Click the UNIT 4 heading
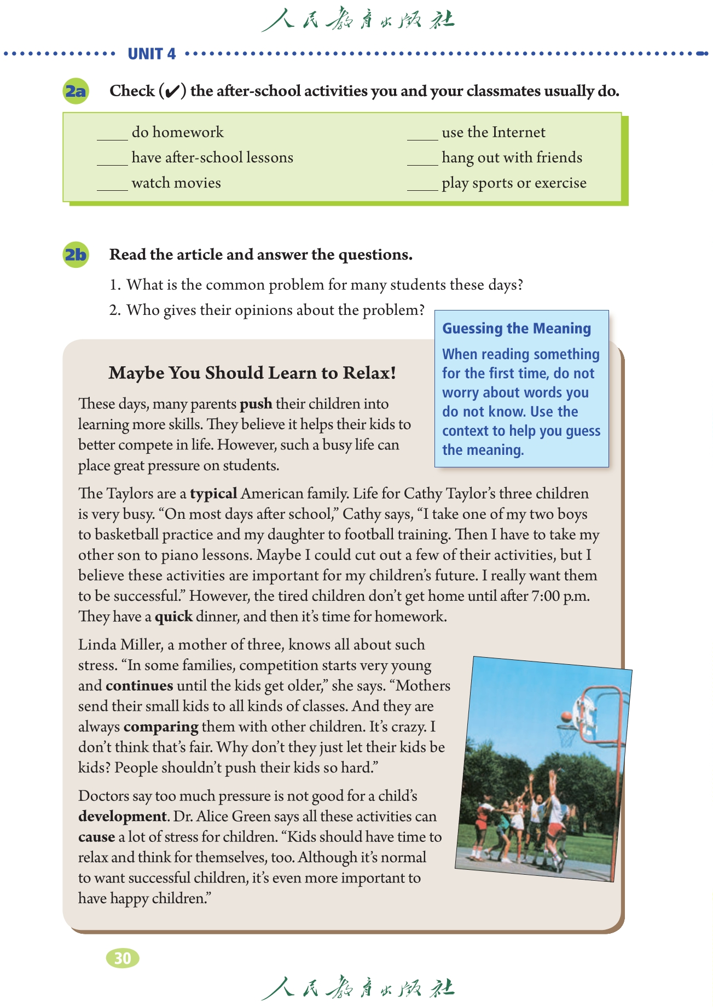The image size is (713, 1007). (x=152, y=54)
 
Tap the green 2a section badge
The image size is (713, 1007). (x=76, y=91)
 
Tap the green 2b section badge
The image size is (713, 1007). (x=76, y=255)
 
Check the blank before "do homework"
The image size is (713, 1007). (x=112, y=136)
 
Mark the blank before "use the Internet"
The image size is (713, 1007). (x=422, y=136)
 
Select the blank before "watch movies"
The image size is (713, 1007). (x=112, y=186)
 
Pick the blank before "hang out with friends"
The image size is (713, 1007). (x=422, y=161)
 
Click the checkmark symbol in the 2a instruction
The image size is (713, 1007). (x=172, y=91)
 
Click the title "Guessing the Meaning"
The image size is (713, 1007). (x=517, y=329)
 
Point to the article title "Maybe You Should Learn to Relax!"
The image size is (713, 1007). (x=252, y=373)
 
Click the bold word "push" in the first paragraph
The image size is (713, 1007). (x=256, y=404)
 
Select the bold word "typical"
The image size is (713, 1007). (x=213, y=494)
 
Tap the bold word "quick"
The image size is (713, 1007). (x=173, y=617)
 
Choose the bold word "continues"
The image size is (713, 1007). (x=140, y=686)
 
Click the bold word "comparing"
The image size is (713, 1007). (x=161, y=727)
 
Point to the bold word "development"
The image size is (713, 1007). (x=122, y=817)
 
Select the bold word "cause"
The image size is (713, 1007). (x=96, y=838)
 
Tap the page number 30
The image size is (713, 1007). (x=123, y=958)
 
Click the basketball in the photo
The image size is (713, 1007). (x=566, y=716)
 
